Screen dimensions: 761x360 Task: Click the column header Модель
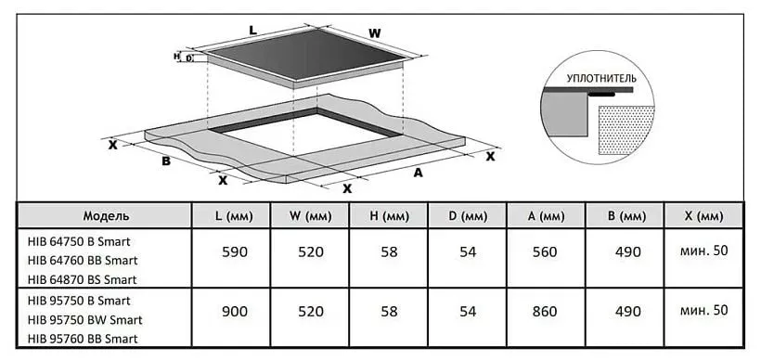(x=106, y=216)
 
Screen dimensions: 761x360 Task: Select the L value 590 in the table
(x=235, y=252)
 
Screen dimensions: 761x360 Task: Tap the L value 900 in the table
(x=235, y=312)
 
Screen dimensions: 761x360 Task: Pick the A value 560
(x=545, y=252)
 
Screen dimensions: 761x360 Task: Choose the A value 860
(x=545, y=312)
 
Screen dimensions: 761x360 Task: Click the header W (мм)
(x=311, y=216)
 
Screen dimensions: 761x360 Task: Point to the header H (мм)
(x=389, y=216)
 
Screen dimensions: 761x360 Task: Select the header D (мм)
(x=468, y=216)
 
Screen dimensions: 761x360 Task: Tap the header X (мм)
(x=703, y=216)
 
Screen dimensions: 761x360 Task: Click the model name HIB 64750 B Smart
(x=79, y=241)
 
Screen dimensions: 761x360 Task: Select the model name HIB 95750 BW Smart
(x=85, y=320)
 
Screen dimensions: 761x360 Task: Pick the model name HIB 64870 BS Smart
(x=82, y=279)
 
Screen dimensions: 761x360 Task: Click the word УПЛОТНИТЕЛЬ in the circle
(x=600, y=78)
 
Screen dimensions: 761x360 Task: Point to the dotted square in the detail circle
(x=626, y=130)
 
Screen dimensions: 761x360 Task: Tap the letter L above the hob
(x=252, y=30)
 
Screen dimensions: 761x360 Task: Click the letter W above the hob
(x=374, y=33)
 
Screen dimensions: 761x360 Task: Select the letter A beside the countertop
(x=418, y=173)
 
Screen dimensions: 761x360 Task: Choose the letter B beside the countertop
(x=166, y=161)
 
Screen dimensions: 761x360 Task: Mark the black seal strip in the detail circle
(x=601, y=95)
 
